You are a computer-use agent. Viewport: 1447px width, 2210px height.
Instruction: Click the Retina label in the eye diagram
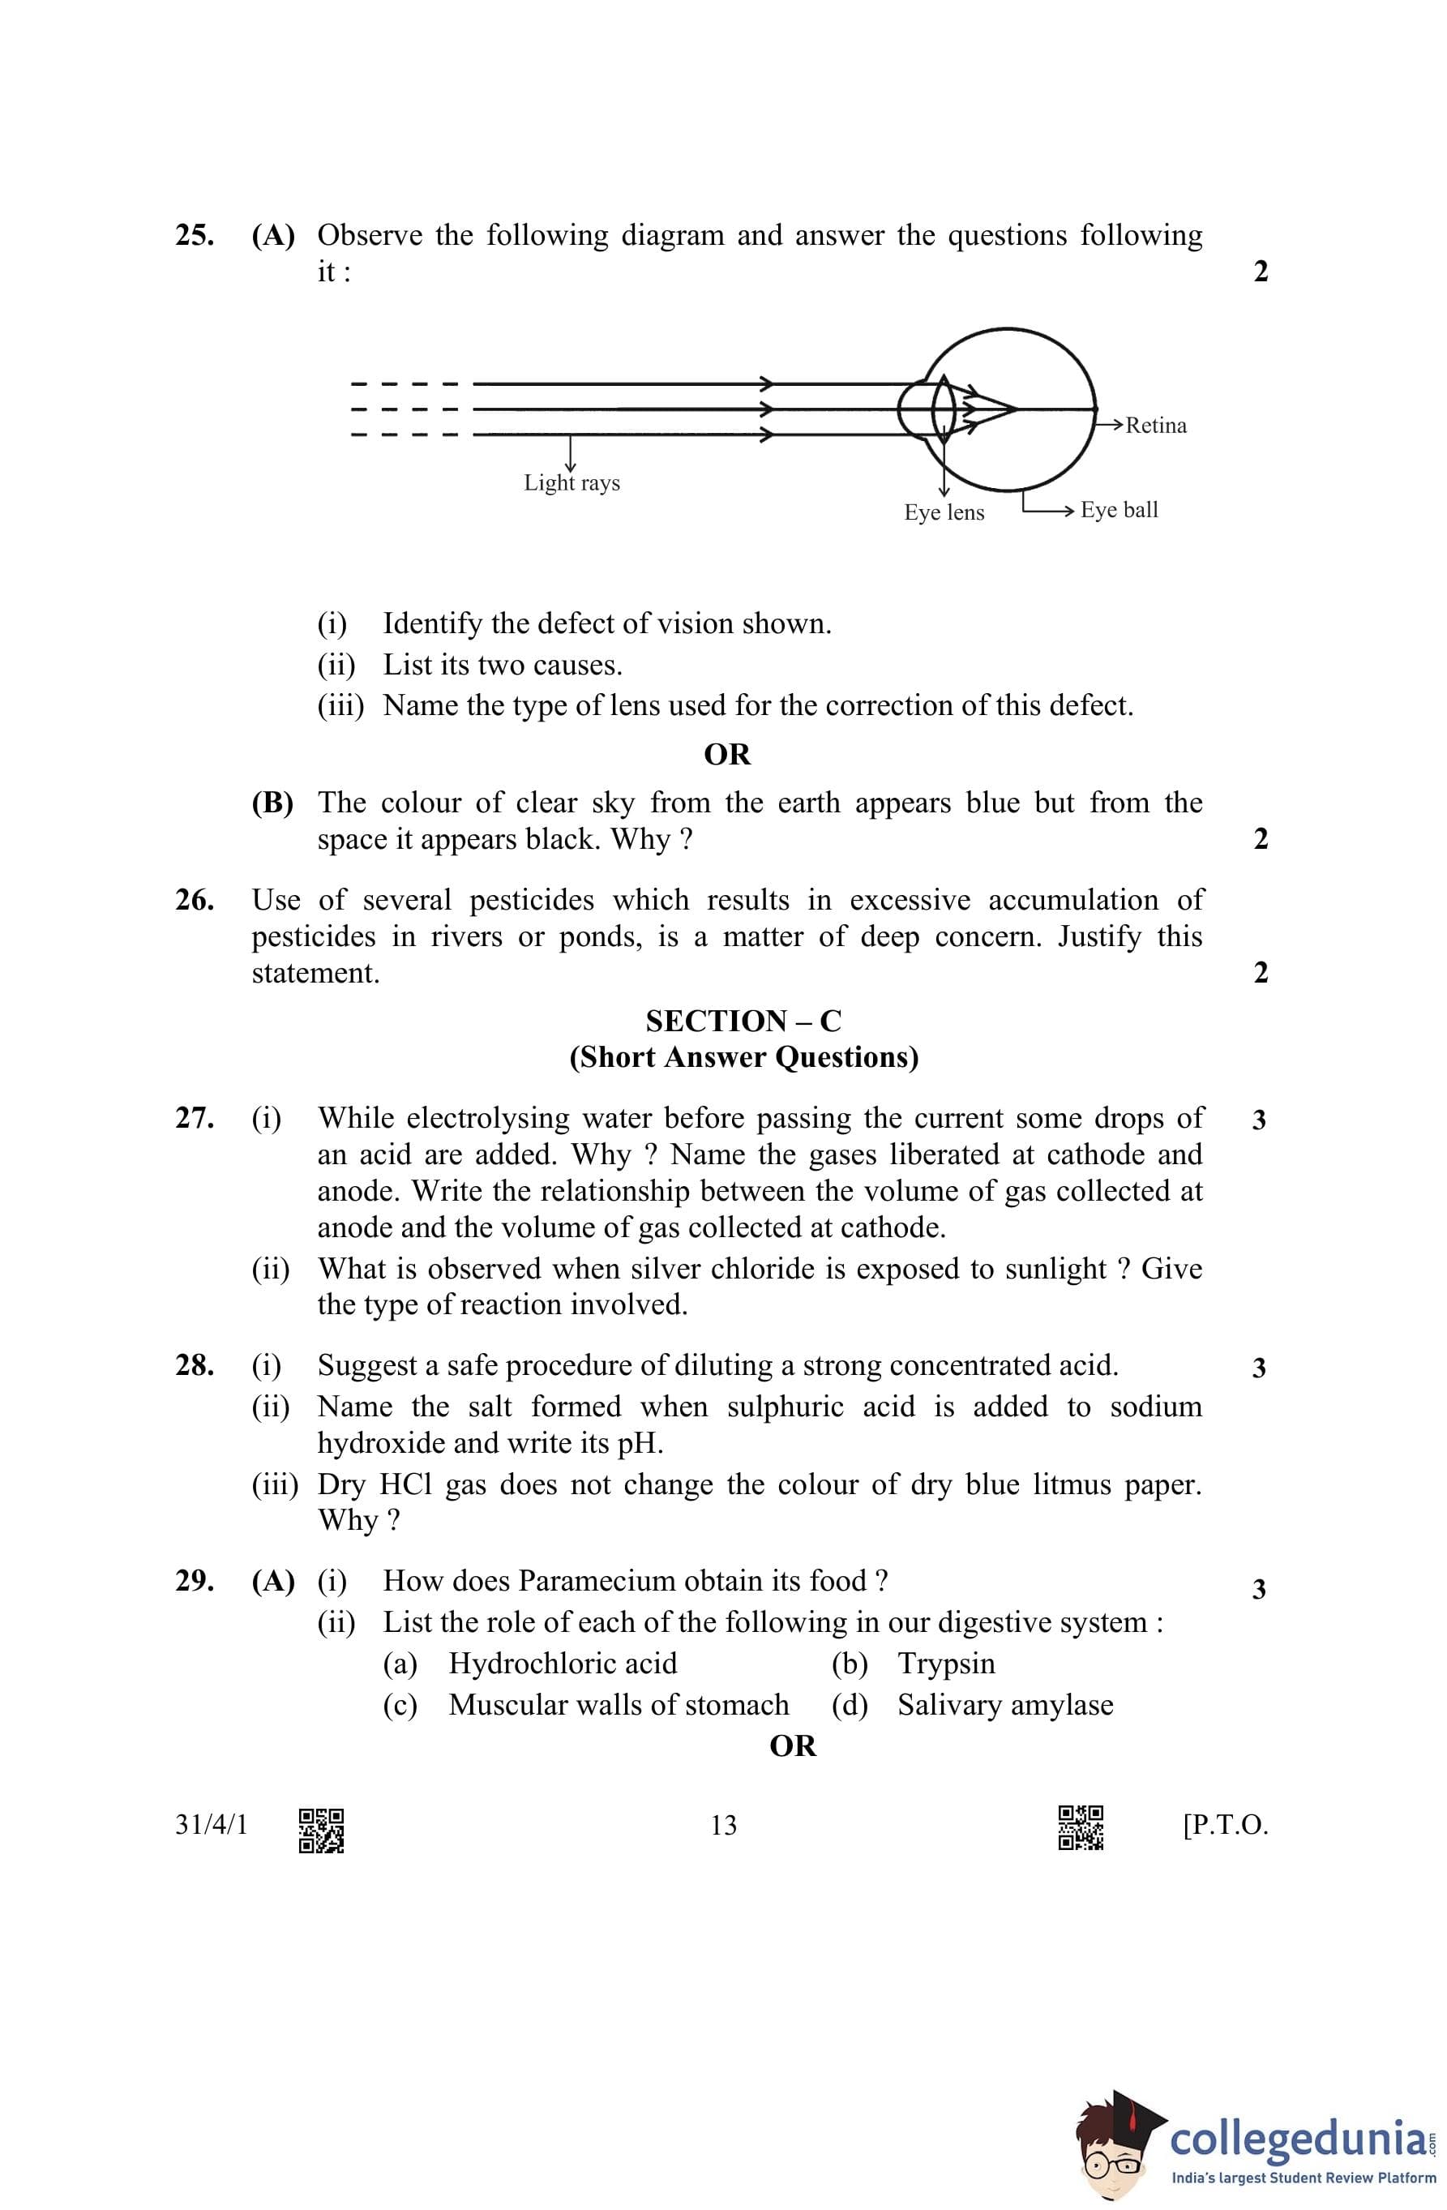pyautogui.click(x=1155, y=426)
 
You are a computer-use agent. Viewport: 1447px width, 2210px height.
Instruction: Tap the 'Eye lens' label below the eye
pyautogui.click(x=944, y=512)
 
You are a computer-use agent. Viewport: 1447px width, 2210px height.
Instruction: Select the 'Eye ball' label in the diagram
pyautogui.click(x=1119, y=510)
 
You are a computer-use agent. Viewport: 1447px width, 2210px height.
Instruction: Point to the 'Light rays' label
pyautogui.click(x=572, y=483)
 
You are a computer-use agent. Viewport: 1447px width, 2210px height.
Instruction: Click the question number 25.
pyautogui.click(x=194, y=236)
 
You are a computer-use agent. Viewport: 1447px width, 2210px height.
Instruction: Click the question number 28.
pyautogui.click(x=194, y=1366)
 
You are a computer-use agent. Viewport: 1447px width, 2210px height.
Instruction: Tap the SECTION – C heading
pyautogui.click(x=743, y=1021)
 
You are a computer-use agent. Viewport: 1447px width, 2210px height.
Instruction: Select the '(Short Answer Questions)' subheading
pyautogui.click(x=743, y=1058)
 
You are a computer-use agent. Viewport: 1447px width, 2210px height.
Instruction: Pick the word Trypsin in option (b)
pyautogui.click(x=945, y=1664)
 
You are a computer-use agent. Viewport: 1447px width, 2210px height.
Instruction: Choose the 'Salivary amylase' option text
pyautogui.click(x=1005, y=1705)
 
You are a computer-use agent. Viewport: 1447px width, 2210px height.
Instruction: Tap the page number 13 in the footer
pyautogui.click(x=723, y=1826)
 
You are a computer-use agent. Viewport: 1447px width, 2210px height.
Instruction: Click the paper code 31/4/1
pyautogui.click(x=212, y=1826)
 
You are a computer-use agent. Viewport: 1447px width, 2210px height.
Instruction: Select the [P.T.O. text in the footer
pyautogui.click(x=1225, y=1826)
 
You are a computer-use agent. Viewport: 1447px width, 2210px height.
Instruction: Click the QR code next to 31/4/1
pyautogui.click(x=321, y=1831)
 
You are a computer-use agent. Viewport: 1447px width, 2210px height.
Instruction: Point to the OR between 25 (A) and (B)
pyautogui.click(x=727, y=754)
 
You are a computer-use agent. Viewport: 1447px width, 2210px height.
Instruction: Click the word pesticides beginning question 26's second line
pyautogui.click(x=313, y=937)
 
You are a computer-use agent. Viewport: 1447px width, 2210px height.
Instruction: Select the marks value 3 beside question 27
pyautogui.click(x=1258, y=1120)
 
